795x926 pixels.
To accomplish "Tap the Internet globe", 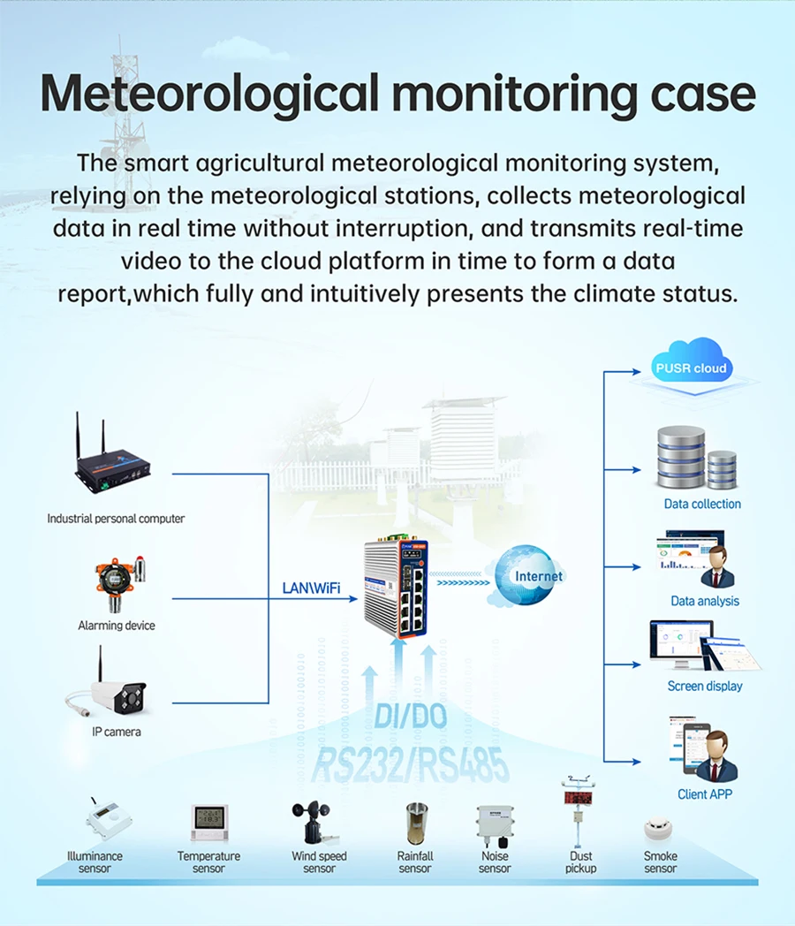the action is click(526, 575).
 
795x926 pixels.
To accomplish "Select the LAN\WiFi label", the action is click(311, 588).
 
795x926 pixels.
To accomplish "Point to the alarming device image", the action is click(118, 583).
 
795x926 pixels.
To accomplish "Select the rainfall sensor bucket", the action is click(417, 824).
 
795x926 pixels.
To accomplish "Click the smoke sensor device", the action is click(657, 829).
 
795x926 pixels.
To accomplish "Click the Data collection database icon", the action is click(696, 458).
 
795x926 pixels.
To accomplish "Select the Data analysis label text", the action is click(705, 601).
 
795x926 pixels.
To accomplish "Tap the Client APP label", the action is click(705, 794).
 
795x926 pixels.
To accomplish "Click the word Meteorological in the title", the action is click(209, 95).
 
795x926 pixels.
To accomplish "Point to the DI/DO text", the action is click(411, 717).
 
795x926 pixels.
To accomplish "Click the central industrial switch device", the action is click(396, 588).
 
